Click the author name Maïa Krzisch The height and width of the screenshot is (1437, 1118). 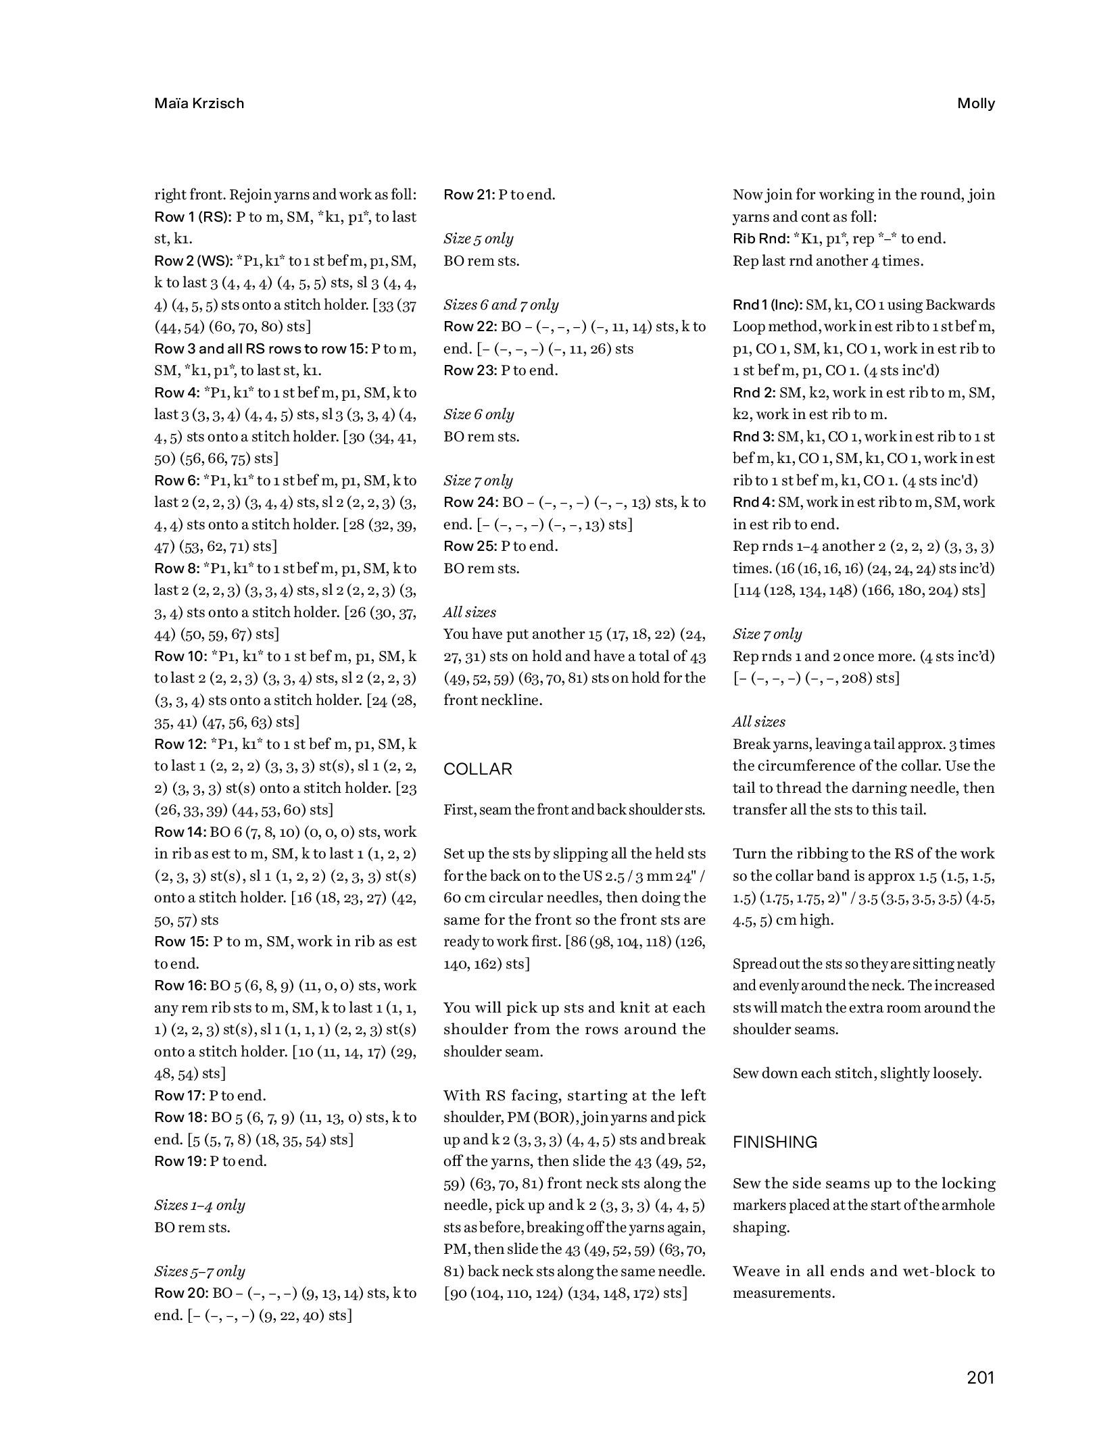199,103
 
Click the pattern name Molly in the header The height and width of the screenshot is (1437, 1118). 975,103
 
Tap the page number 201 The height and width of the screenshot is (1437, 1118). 980,1378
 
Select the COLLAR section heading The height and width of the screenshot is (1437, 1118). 477,769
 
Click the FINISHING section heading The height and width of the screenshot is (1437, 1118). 775,1142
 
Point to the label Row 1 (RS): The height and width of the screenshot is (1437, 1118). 193,217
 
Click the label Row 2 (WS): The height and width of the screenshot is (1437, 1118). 193,261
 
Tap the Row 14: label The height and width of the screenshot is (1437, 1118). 180,832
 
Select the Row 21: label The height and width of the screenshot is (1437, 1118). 469,195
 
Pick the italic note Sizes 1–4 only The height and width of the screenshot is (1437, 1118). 199,1205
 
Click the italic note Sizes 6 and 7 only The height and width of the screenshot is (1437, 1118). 501,305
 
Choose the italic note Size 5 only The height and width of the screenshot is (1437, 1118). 478,239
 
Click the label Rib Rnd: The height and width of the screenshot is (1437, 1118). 761,239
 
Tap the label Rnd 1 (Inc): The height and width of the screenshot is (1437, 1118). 768,305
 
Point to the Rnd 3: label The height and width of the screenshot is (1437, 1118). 754,437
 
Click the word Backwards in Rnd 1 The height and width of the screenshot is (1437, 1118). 962,305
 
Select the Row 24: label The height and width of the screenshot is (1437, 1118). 470,502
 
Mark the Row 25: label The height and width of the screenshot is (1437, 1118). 470,546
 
